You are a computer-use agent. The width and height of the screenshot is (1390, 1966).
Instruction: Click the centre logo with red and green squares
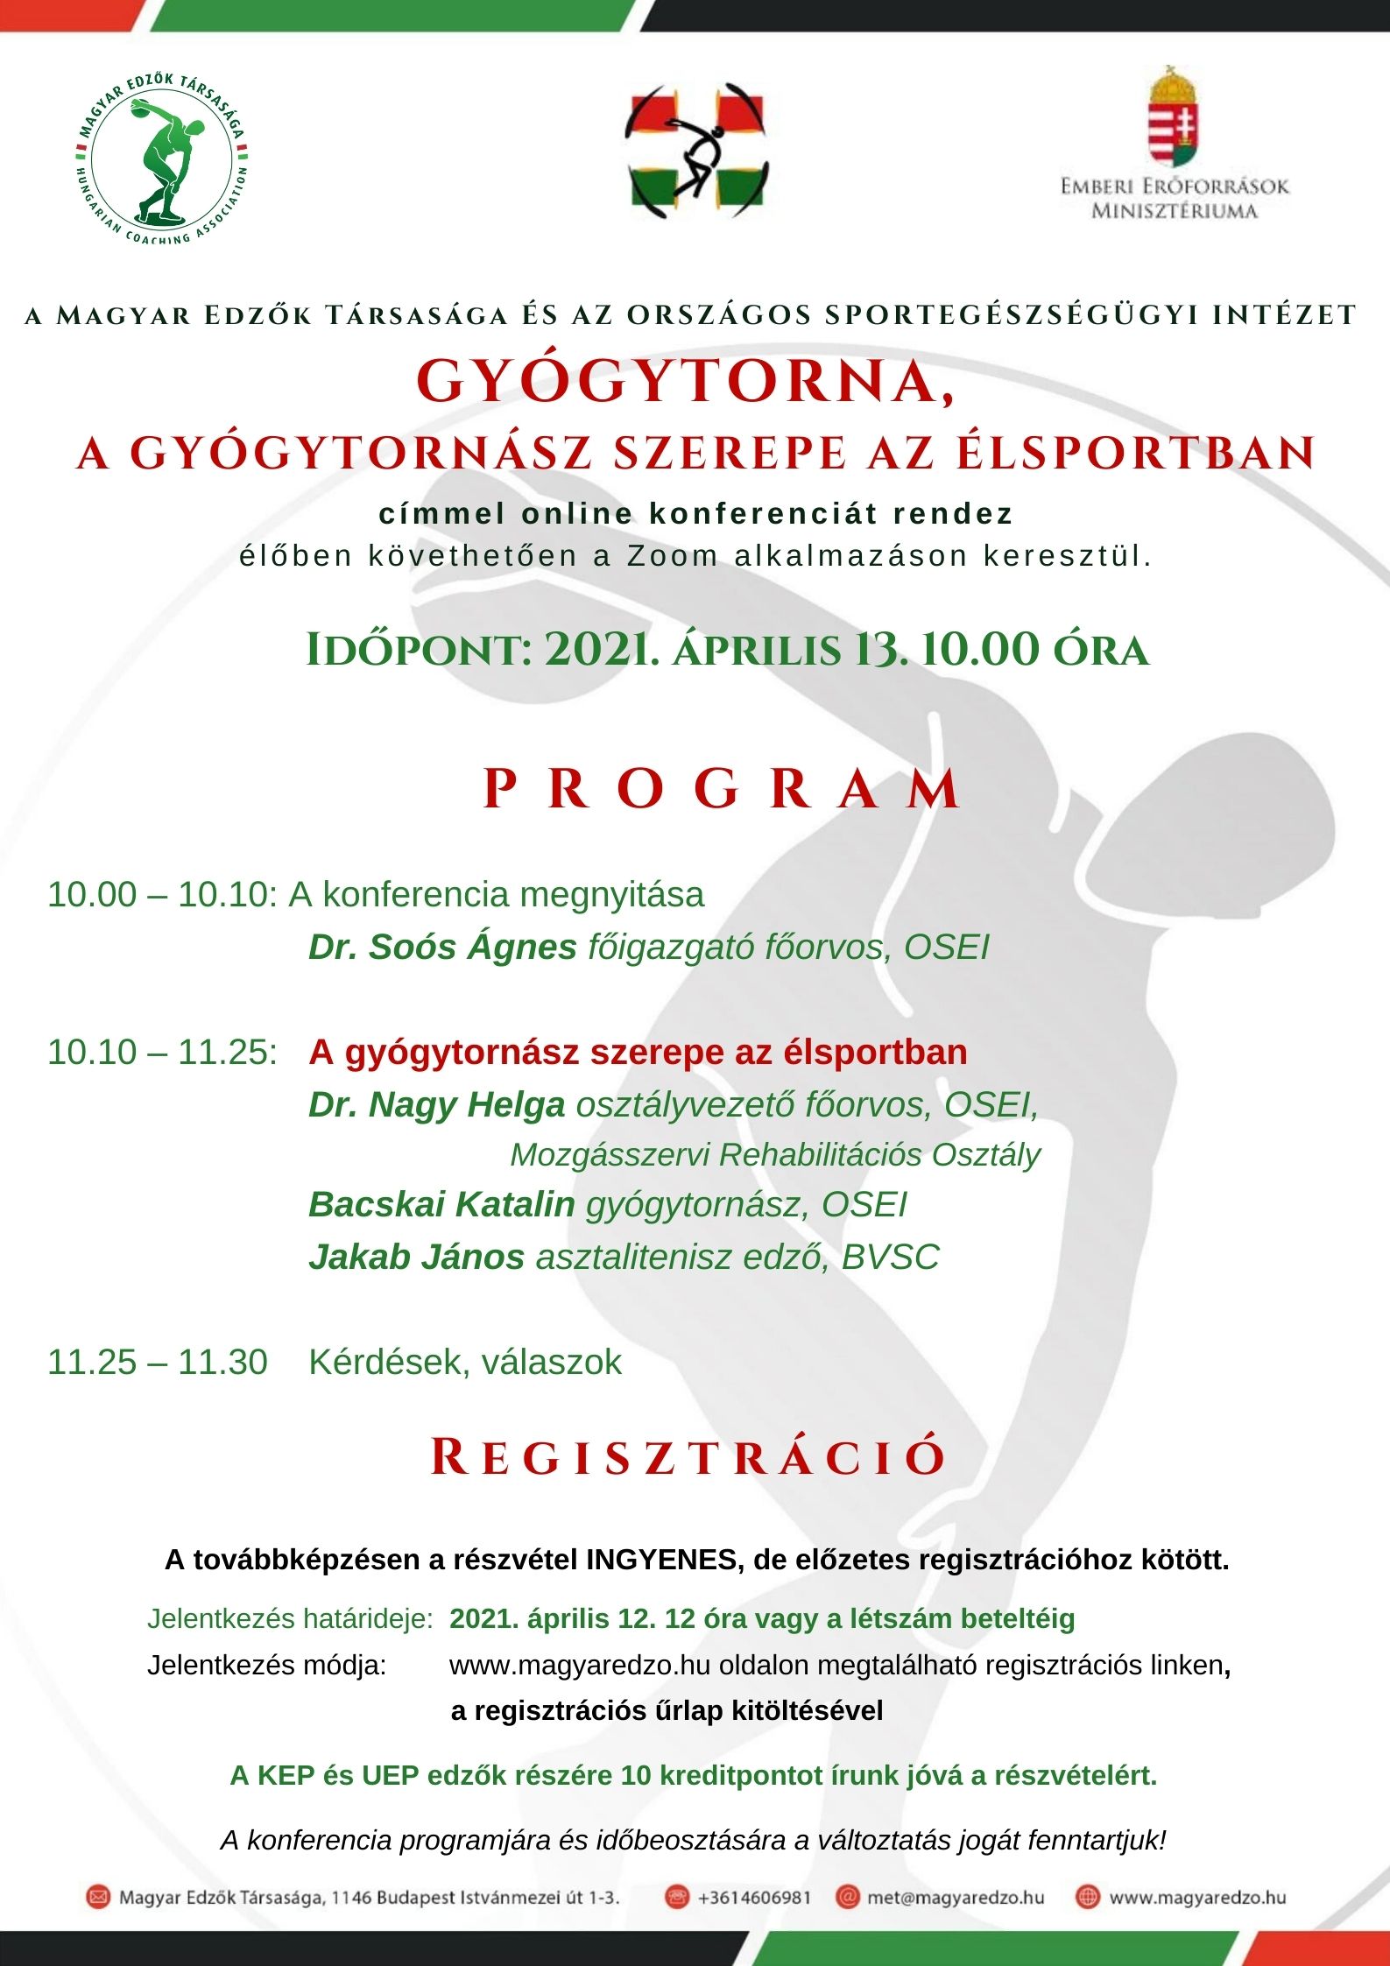pyautogui.click(x=696, y=151)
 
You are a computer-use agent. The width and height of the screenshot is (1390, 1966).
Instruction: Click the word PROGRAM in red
pyautogui.click(x=723, y=789)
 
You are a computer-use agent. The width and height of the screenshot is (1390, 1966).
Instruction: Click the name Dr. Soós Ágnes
pyautogui.click(x=442, y=948)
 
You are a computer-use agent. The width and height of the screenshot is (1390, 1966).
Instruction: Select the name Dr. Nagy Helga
pyautogui.click(x=436, y=1105)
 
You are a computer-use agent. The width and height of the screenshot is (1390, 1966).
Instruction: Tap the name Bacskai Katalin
pyautogui.click(x=441, y=1205)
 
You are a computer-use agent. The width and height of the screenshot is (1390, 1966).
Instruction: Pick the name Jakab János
pyautogui.click(x=416, y=1258)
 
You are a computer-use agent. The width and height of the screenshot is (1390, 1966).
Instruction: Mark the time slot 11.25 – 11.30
pyautogui.click(x=158, y=1363)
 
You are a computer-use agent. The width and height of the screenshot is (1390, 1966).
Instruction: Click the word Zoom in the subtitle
pyautogui.click(x=672, y=556)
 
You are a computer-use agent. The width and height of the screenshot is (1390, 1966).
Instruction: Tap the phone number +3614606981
pyautogui.click(x=754, y=1898)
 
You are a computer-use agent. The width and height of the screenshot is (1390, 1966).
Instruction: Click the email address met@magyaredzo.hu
pyautogui.click(x=956, y=1898)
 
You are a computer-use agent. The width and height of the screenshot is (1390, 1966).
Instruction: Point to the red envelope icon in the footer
pyautogui.click(x=98, y=1898)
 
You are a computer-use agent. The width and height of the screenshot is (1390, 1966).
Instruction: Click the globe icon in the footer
pyautogui.click(x=1088, y=1898)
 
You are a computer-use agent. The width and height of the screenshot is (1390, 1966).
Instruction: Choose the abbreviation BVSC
pyautogui.click(x=890, y=1258)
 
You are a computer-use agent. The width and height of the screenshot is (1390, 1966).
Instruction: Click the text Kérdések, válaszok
pyautogui.click(x=465, y=1363)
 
